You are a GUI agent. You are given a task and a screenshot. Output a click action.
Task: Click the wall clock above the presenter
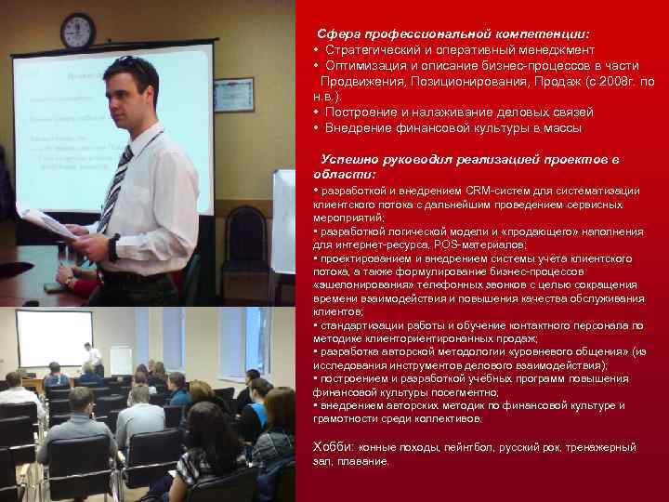tap(77, 31)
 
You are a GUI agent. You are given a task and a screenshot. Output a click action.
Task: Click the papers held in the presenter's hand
tap(46, 222)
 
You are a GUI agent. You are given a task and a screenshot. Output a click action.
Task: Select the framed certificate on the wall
tap(231, 96)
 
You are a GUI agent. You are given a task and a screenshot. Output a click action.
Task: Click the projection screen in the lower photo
tap(55, 337)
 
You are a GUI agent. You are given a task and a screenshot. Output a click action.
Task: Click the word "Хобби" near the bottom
tap(333, 446)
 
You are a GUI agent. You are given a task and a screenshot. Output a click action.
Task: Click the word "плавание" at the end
tap(364, 460)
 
